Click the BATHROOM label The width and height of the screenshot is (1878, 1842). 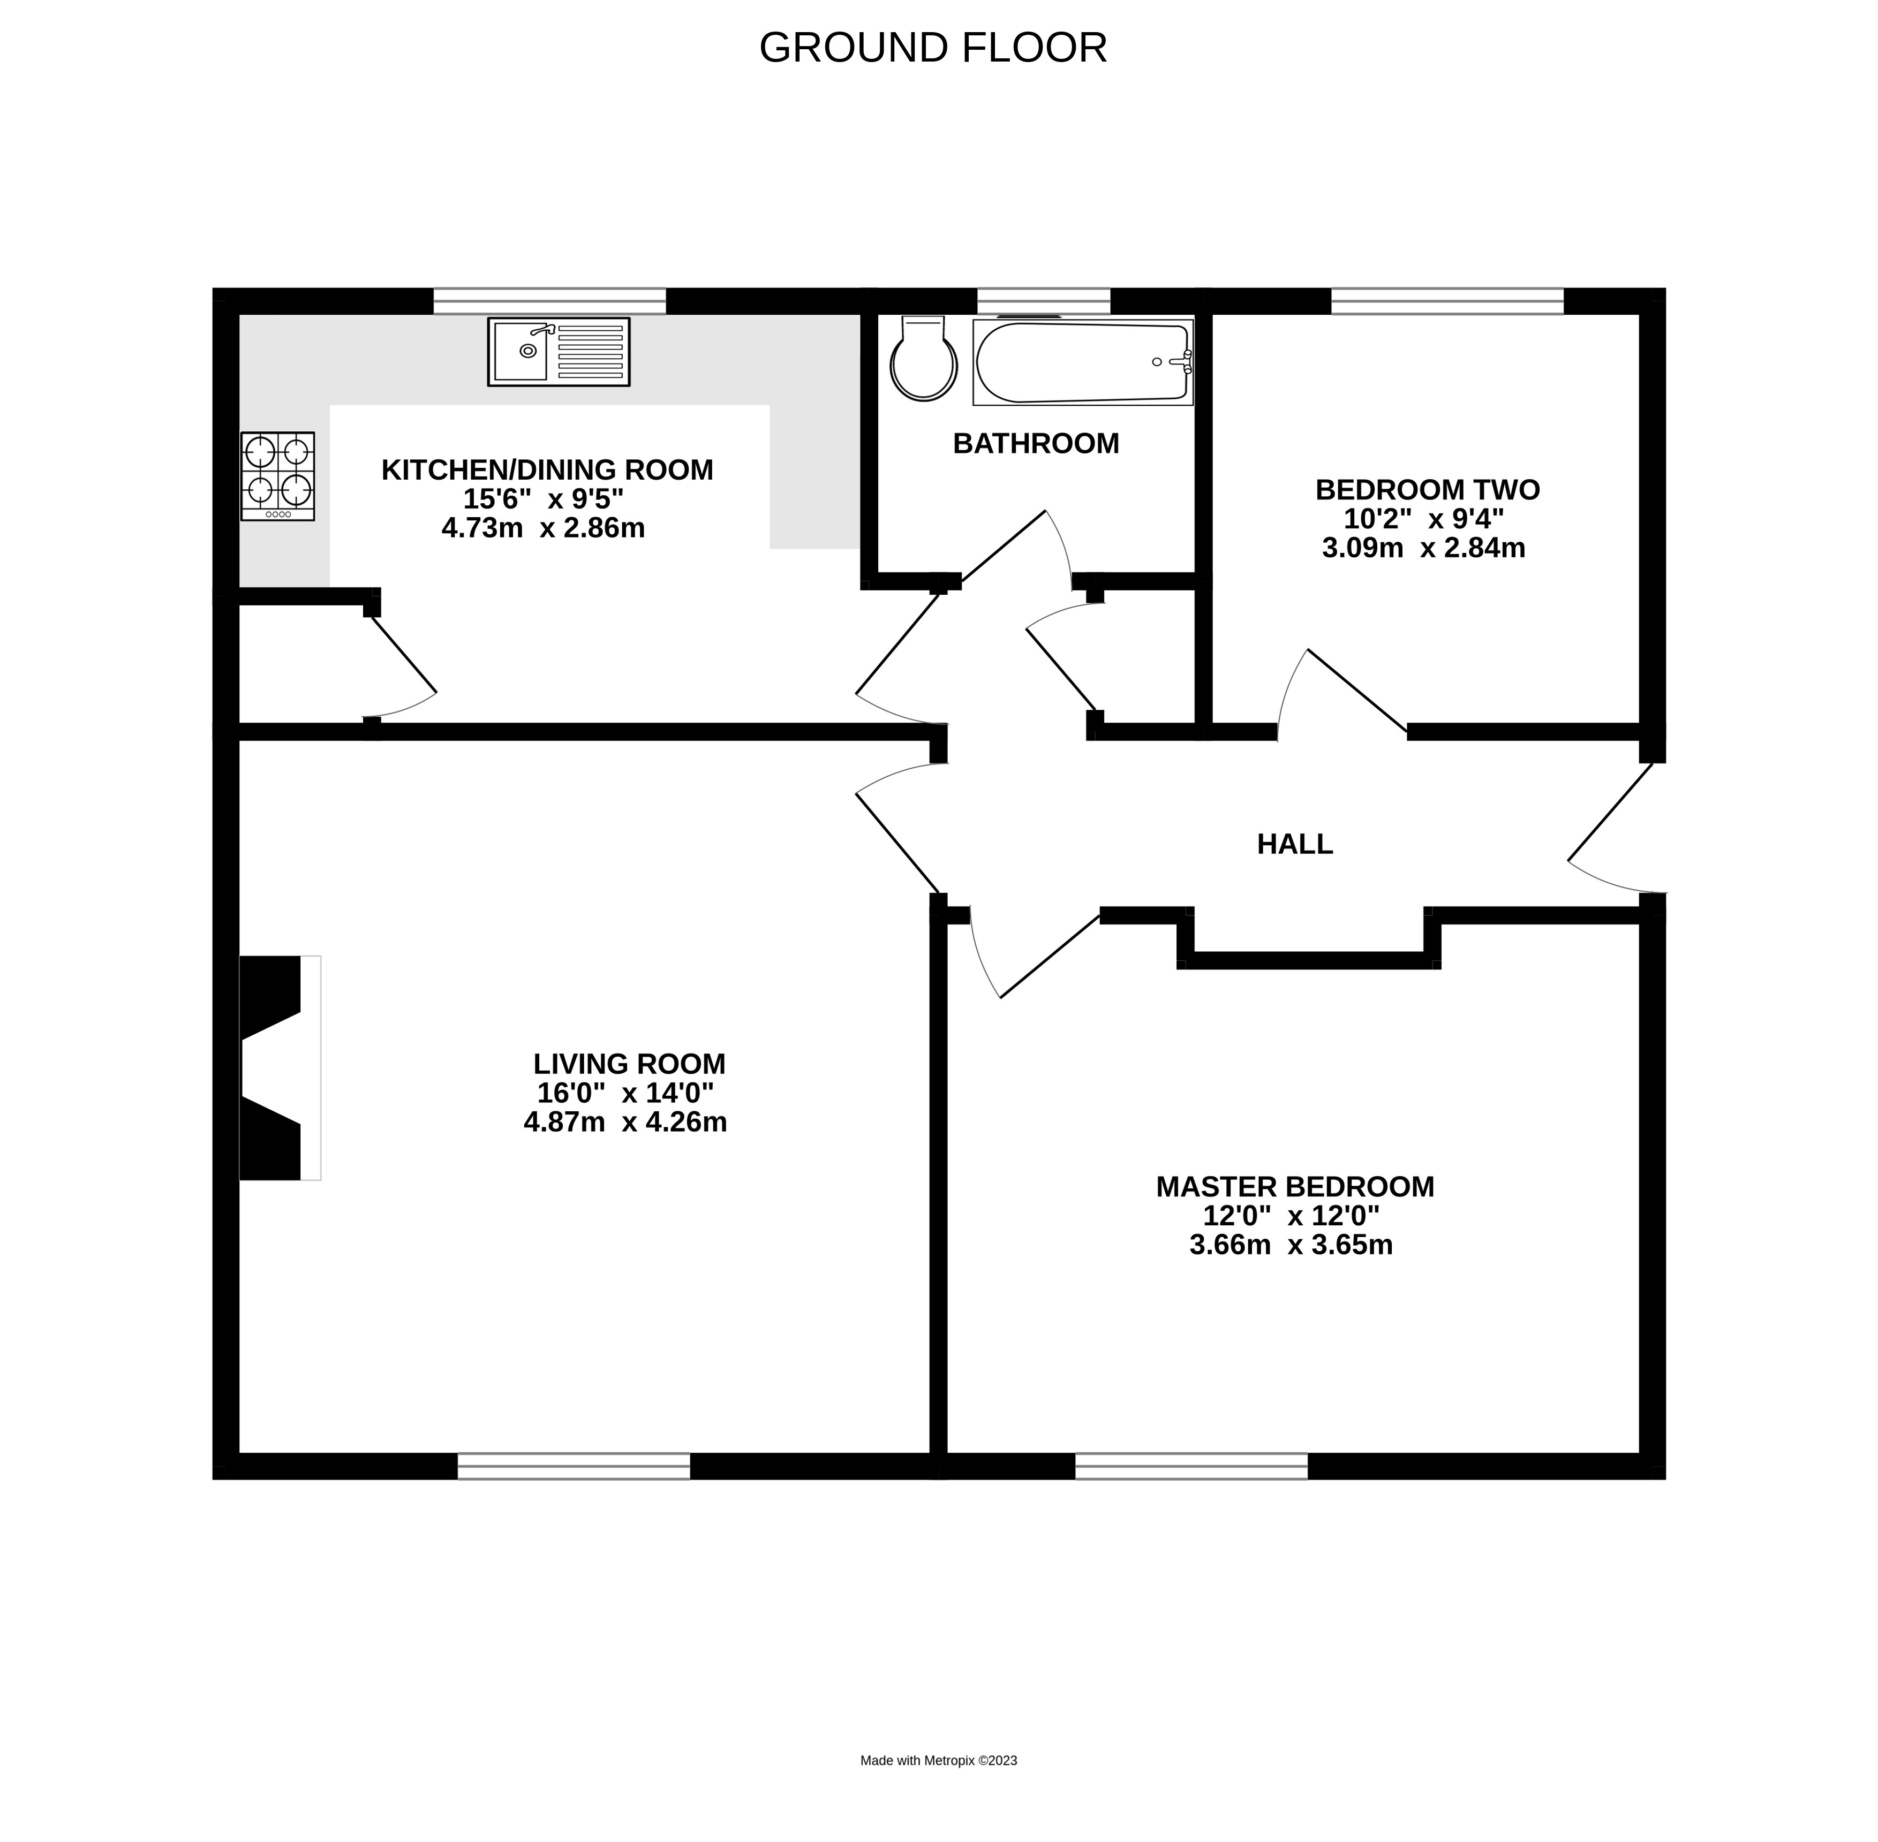1035,443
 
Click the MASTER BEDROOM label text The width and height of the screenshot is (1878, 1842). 1294,1186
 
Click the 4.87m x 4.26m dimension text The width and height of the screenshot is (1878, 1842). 625,1121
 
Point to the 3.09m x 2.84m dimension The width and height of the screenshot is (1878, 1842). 1423,548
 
